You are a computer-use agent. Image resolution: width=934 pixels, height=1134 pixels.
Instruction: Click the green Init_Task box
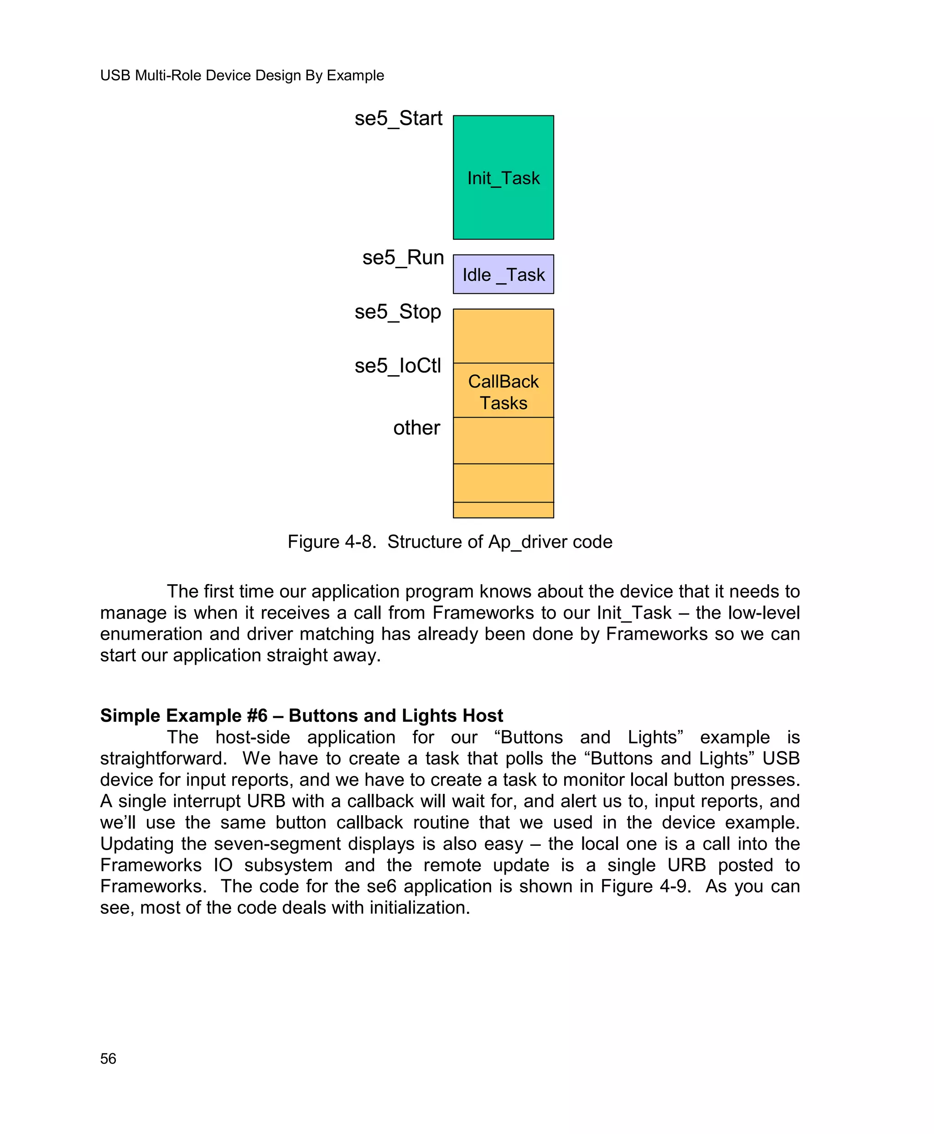pyautogui.click(x=503, y=177)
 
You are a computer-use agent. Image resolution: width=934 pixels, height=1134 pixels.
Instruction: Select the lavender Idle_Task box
pyautogui.click(x=503, y=274)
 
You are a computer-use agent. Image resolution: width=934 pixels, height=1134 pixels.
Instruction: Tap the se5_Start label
pyautogui.click(x=398, y=119)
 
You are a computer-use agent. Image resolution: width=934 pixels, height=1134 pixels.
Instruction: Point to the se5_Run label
pyautogui.click(x=403, y=258)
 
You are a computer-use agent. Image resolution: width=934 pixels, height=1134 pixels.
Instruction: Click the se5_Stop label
pyautogui.click(x=398, y=312)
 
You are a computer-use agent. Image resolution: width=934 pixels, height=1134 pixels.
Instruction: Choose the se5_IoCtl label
pyautogui.click(x=398, y=366)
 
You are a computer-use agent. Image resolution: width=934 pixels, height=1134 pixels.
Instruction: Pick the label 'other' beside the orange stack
pyautogui.click(x=416, y=428)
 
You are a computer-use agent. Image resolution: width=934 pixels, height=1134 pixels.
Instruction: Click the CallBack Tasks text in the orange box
pyautogui.click(x=503, y=392)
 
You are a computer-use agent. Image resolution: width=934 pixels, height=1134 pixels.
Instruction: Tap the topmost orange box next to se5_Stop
pyautogui.click(x=503, y=336)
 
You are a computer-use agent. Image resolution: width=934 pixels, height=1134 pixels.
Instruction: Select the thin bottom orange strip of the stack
pyautogui.click(x=503, y=510)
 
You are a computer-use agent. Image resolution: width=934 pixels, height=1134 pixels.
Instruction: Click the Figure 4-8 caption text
pyautogui.click(x=450, y=542)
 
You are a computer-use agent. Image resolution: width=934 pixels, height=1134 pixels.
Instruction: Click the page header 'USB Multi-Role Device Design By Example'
pyautogui.click(x=242, y=75)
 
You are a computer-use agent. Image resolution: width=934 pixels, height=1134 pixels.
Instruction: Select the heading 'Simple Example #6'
pyautogui.click(x=183, y=715)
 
